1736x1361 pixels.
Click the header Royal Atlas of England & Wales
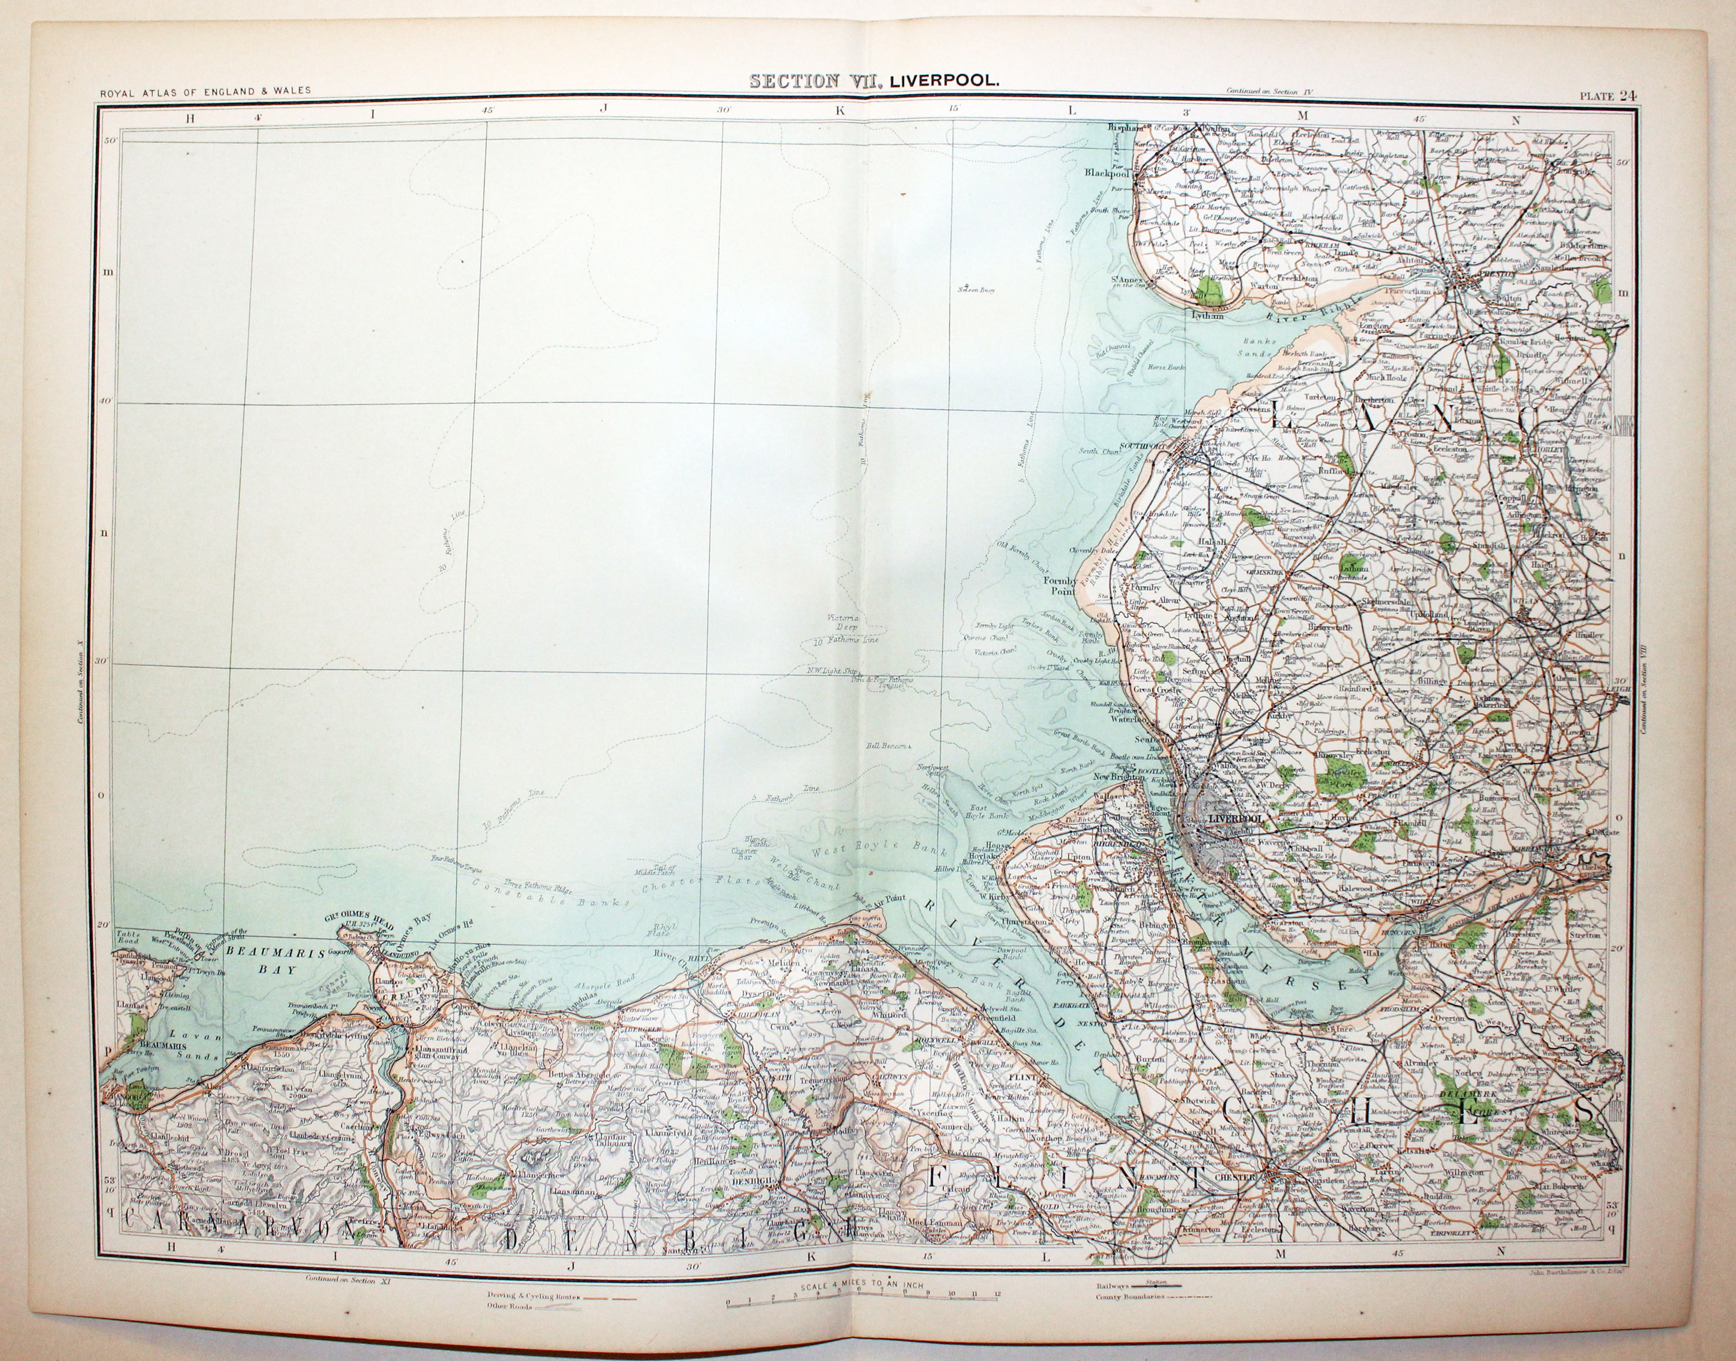(205, 91)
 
